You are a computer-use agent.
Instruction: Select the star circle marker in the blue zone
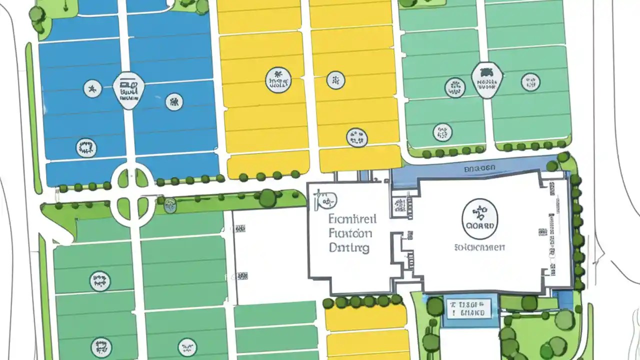pos(92,89)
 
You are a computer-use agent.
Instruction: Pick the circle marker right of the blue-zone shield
pos(173,102)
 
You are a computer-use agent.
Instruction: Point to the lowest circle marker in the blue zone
pos(86,147)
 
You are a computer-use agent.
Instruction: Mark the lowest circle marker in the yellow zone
pos(356,136)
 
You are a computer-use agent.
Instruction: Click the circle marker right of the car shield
pos(530,82)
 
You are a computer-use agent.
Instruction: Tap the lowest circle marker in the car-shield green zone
pos(442,132)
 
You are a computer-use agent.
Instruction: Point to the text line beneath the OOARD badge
pos(479,247)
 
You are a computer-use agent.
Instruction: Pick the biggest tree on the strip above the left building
pos(268,198)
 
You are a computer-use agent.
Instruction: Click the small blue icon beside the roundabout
pos(170,203)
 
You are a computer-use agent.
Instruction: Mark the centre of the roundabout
pos(132,192)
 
